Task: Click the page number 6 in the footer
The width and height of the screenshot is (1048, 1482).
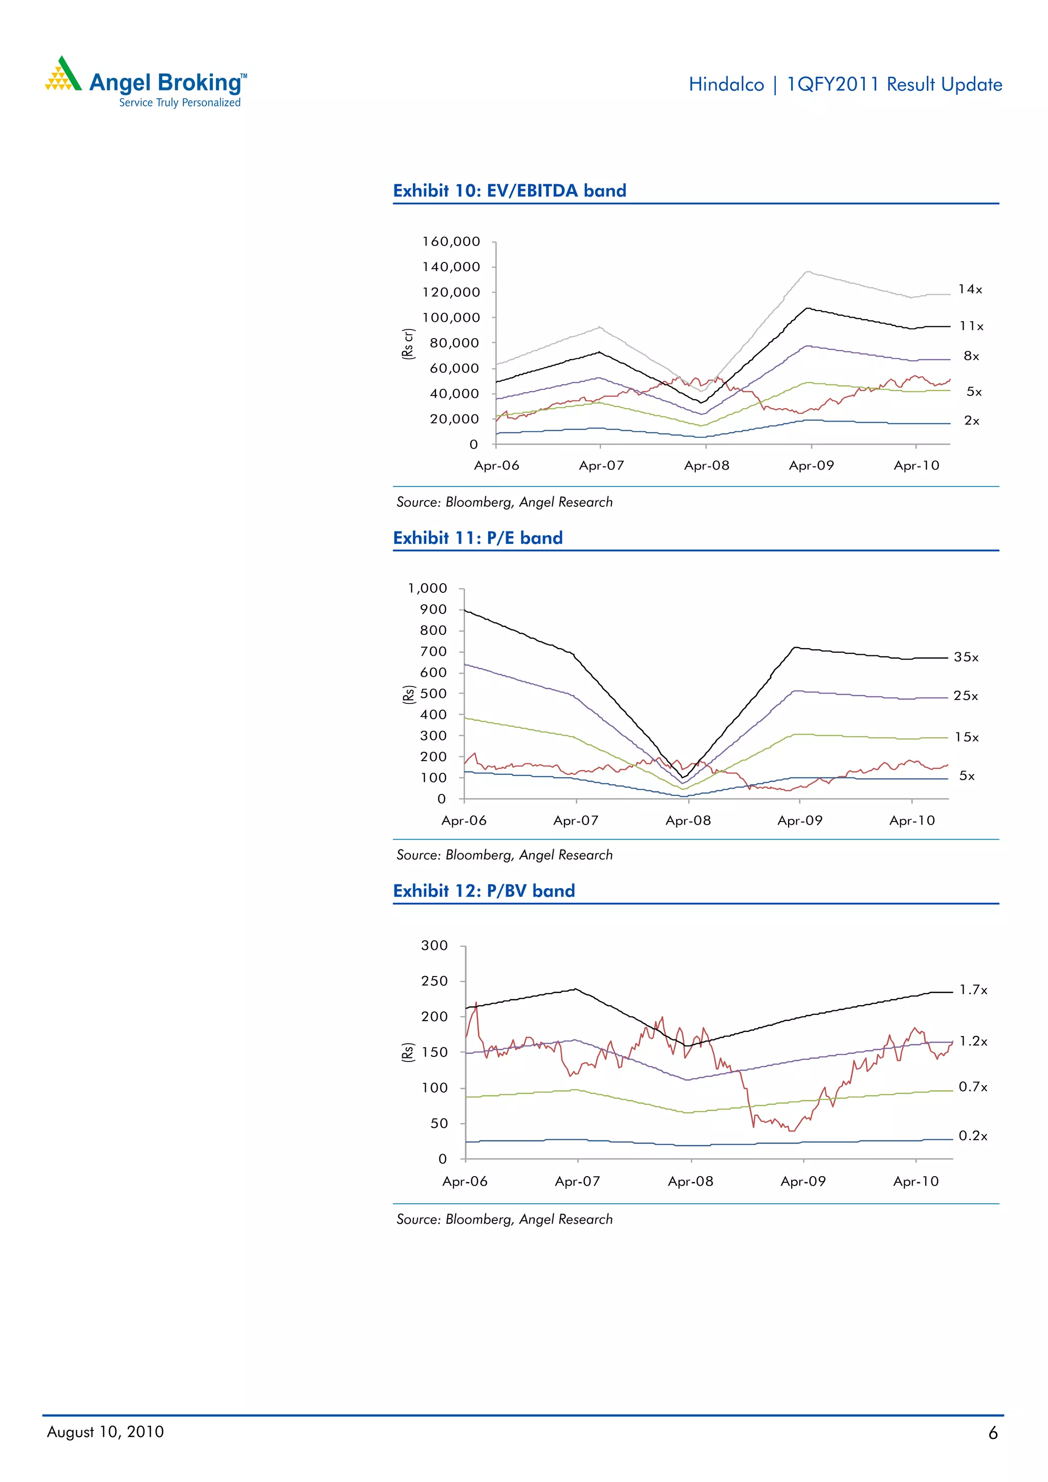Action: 992,1433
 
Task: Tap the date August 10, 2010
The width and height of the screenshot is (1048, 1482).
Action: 105,1432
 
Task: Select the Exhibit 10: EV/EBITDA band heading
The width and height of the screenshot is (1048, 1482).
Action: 510,190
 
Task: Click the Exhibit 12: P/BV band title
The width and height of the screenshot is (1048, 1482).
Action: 484,891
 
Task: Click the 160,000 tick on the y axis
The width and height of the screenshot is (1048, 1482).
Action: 451,241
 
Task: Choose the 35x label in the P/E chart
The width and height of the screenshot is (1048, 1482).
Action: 966,657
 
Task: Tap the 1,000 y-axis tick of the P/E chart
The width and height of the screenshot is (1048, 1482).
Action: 427,588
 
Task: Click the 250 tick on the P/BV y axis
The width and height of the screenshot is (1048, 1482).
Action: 434,981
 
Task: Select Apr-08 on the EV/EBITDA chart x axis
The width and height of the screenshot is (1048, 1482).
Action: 706,466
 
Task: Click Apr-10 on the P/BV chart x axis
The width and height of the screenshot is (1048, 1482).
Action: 915,1181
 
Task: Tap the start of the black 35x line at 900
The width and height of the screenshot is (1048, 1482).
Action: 466,610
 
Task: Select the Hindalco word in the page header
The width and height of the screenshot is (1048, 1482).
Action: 726,84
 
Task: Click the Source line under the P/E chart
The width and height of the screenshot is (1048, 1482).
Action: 505,855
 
